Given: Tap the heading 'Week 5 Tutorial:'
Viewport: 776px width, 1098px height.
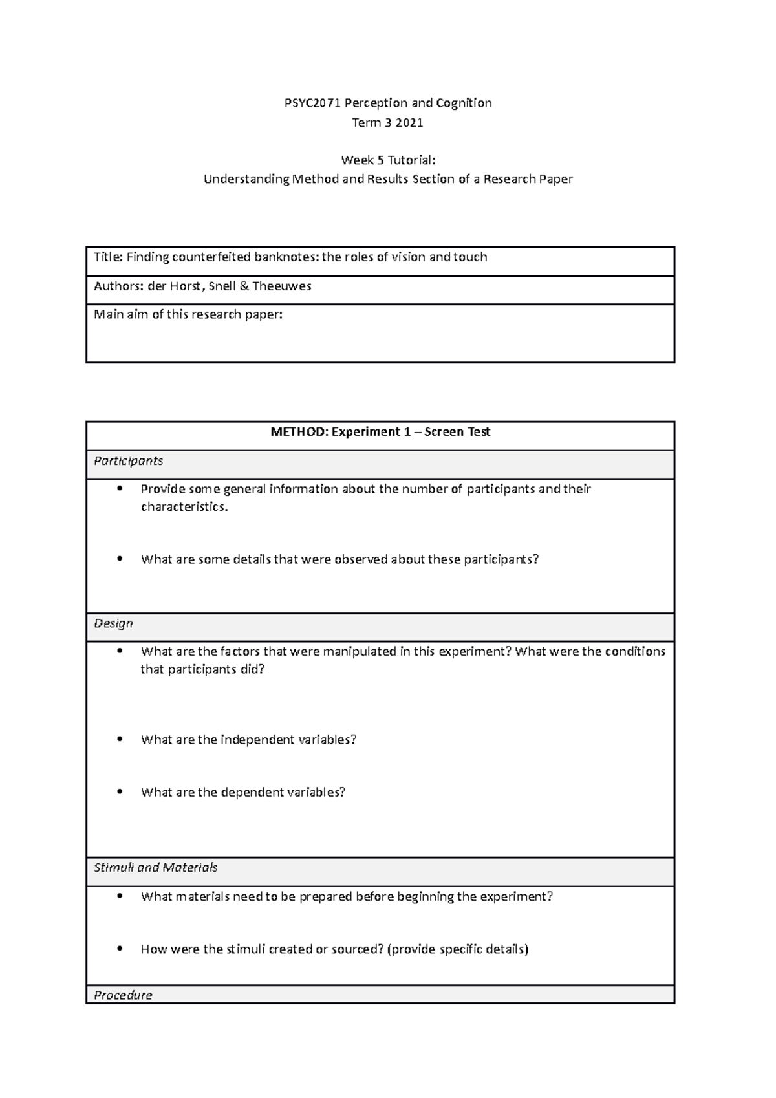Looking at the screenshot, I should [x=388, y=160].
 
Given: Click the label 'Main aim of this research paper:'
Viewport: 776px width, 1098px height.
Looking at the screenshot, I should [x=188, y=315].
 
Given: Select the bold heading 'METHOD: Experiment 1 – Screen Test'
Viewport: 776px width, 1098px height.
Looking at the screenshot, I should [x=380, y=432].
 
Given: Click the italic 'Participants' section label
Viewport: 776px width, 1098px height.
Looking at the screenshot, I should [x=128, y=461].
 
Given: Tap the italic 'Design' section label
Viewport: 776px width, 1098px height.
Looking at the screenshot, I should [x=113, y=623].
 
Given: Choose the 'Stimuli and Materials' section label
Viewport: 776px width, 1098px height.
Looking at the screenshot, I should [x=155, y=867].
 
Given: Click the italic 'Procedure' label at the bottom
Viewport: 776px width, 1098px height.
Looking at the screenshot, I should [x=123, y=995].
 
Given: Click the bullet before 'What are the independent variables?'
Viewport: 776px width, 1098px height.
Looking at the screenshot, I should [x=120, y=739].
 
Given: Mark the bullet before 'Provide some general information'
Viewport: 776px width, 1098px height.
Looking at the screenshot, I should [x=120, y=489].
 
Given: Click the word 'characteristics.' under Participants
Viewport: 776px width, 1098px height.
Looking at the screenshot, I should [x=184, y=507].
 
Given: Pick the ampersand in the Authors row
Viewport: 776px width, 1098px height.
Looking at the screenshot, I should [x=244, y=286].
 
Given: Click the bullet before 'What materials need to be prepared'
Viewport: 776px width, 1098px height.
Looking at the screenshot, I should [x=120, y=896].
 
